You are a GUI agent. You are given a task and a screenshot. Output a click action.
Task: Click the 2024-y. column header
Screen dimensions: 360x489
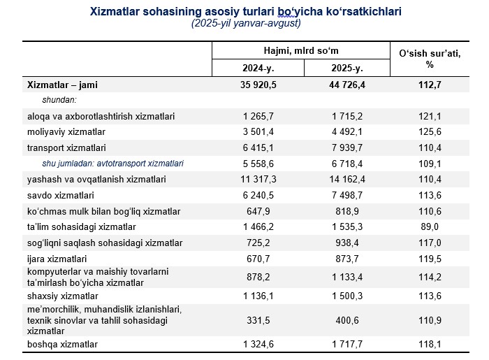click(258, 69)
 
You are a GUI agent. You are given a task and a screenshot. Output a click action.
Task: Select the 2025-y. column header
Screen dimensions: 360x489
click(347, 69)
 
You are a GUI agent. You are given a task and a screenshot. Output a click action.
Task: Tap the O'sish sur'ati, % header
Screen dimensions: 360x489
click(429, 59)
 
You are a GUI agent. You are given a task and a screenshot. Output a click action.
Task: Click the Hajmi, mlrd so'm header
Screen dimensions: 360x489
click(301, 51)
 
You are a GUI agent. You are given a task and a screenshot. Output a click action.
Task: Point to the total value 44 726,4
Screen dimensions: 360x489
click(347, 85)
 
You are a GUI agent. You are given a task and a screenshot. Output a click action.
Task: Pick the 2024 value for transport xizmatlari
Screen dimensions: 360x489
click(258, 147)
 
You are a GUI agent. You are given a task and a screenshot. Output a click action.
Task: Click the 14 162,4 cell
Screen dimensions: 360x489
click(347, 180)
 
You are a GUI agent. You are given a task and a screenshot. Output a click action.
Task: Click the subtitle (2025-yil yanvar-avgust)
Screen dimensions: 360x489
click(247, 24)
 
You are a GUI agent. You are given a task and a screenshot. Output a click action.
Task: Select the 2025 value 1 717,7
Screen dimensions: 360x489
click(347, 345)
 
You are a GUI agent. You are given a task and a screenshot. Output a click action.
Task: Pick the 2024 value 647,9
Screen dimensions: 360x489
click(258, 211)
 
